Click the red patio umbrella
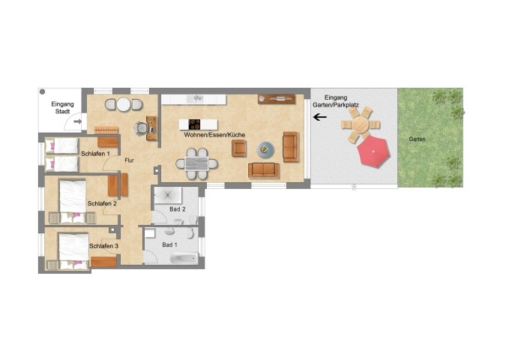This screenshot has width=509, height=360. tap(373, 151)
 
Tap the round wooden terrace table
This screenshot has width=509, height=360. tap(361, 124)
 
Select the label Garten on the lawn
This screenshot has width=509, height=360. tap(417, 139)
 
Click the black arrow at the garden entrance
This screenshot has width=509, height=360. tap(320, 117)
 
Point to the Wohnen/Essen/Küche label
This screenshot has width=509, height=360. tap(214, 134)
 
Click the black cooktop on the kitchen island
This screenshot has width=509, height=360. tap(194, 124)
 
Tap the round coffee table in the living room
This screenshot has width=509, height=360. tap(265, 150)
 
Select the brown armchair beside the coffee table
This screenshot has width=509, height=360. tap(239, 148)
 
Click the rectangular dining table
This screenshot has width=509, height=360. tap(196, 163)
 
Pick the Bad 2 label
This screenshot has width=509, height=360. tap(178, 209)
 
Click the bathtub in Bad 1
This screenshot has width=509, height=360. tap(184, 259)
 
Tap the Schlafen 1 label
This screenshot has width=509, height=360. tap(95, 154)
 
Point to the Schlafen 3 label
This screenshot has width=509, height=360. tap(104, 246)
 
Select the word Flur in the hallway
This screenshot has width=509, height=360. tap(129, 160)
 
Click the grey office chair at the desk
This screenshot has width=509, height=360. tap(142, 128)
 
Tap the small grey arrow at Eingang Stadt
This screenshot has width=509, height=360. tap(78, 121)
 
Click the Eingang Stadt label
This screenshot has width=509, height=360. tap(62, 107)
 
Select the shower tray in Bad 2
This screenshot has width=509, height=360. tap(167, 196)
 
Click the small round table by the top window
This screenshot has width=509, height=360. tap(124, 104)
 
